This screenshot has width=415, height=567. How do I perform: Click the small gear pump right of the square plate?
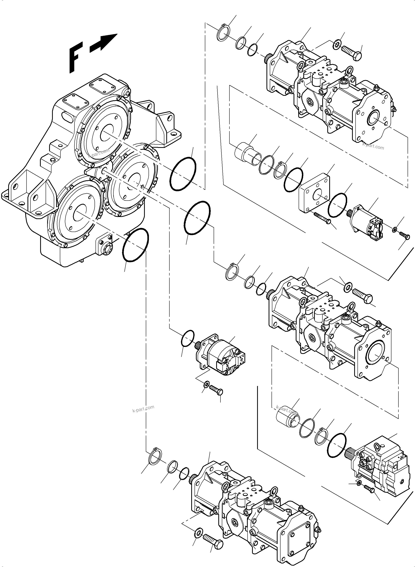coord(367,221)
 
